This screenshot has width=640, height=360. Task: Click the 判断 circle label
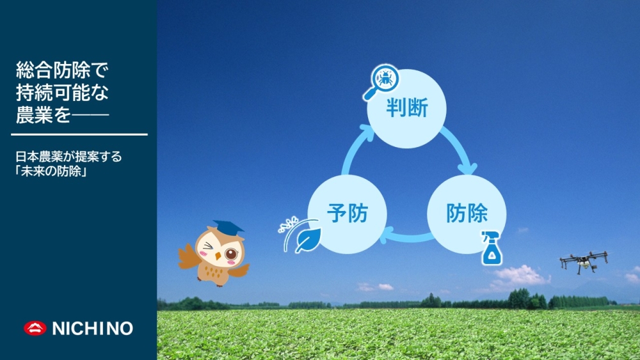(x=407, y=109)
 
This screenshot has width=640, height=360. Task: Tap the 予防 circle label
(x=348, y=213)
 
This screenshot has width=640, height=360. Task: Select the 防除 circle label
(x=467, y=213)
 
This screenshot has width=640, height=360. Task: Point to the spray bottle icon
(x=492, y=248)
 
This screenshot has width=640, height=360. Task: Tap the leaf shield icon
(x=301, y=236)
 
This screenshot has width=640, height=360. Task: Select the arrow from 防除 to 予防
(x=406, y=237)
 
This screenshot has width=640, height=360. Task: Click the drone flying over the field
(x=584, y=262)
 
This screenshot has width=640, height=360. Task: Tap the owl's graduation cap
(x=227, y=228)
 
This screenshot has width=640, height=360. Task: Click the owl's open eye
(x=232, y=254)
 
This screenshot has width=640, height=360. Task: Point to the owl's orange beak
(x=218, y=256)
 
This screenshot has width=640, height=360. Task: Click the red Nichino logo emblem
(x=35, y=328)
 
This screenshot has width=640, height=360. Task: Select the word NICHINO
(x=93, y=329)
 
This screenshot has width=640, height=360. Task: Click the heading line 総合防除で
(x=62, y=70)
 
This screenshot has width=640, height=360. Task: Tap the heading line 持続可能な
(x=62, y=93)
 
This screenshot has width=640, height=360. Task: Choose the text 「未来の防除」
(x=51, y=171)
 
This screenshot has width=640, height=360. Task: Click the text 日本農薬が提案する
(x=68, y=157)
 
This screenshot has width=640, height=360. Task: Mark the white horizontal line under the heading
(x=79, y=134)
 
